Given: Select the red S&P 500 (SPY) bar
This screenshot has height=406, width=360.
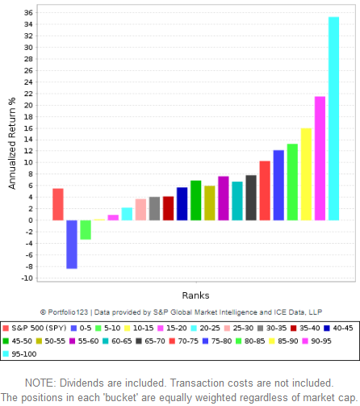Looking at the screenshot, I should (58, 204).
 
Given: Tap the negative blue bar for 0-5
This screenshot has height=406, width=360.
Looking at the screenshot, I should (72, 244).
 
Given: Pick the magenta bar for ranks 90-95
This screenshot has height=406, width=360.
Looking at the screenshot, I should (320, 158).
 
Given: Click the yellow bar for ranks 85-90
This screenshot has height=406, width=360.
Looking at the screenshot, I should (306, 174).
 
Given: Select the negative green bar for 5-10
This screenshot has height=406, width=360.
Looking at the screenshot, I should (86, 230).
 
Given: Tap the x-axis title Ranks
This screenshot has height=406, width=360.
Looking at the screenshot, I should (195, 295).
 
